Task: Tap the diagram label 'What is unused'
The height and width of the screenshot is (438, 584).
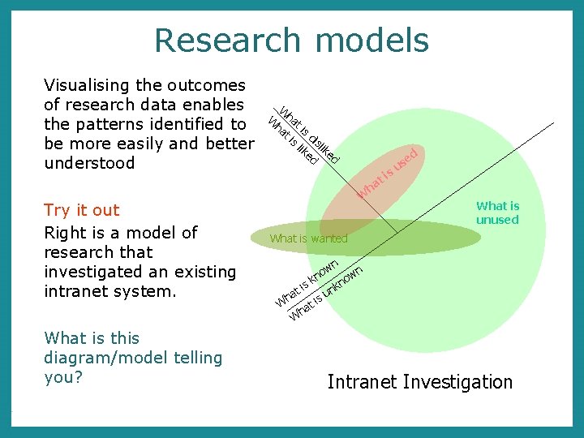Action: (497, 213)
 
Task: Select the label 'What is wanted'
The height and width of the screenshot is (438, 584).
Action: (308, 238)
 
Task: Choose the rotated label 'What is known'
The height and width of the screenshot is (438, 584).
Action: (306, 284)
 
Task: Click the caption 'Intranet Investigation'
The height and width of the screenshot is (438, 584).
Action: (420, 382)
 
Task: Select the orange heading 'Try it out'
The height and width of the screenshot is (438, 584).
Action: (81, 210)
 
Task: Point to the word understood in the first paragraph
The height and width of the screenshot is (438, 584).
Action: (88, 163)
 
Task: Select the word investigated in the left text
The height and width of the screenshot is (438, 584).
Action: (94, 272)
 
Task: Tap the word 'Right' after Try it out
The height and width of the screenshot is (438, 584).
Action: (64, 233)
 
